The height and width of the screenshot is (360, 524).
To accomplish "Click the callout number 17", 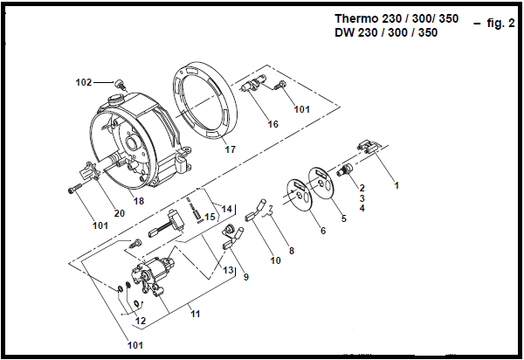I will tap(231, 149).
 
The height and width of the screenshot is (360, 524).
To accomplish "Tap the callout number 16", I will tap(272, 124).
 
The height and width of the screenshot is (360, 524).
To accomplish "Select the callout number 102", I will tap(84, 82).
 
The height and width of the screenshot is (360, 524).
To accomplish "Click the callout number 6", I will tap(322, 231).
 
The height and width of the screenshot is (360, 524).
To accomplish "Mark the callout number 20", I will tap(119, 212).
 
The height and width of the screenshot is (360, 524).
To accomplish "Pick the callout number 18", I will tap(138, 201).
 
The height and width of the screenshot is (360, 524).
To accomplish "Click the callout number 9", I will tap(246, 277).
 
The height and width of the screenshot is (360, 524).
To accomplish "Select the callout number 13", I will tap(228, 270).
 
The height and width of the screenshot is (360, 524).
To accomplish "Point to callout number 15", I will tap(210, 216).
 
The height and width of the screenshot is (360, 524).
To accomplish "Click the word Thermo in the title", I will tap(357, 17).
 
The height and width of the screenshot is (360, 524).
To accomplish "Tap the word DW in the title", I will tap(345, 32).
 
